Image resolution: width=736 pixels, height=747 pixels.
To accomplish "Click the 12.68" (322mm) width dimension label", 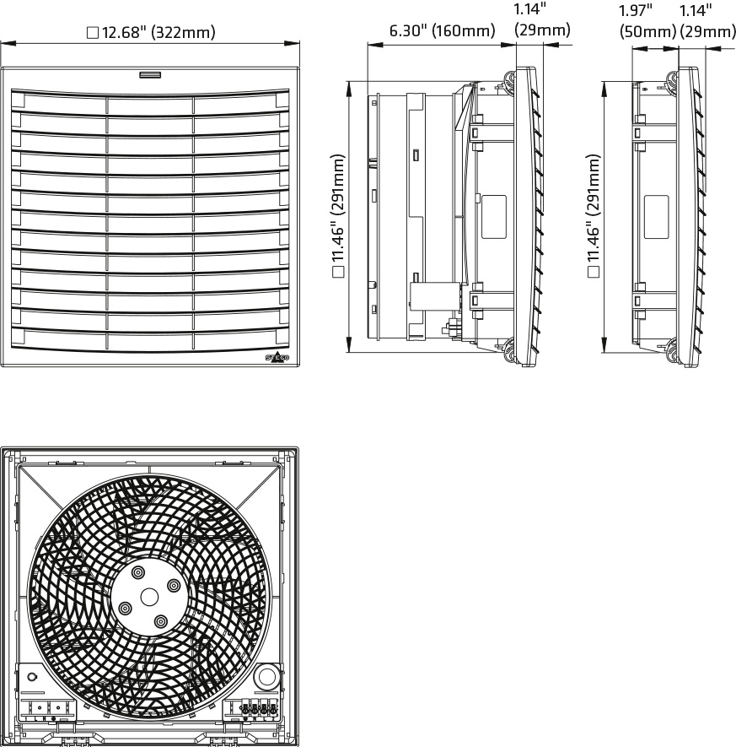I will (x=159, y=33).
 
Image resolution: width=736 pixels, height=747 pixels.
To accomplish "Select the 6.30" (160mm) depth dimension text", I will (x=441, y=32).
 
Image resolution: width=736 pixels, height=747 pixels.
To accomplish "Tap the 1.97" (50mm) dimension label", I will (x=648, y=21).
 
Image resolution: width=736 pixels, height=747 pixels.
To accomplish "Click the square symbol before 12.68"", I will (x=93, y=34).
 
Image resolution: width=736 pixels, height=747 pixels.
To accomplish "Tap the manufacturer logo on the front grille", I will (x=277, y=358).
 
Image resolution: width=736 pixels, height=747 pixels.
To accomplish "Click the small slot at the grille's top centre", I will (x=151, y=75).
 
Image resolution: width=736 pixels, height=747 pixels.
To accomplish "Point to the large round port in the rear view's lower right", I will (x=267, y=676).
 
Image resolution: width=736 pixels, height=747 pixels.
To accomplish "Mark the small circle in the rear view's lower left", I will (x=33, y=677).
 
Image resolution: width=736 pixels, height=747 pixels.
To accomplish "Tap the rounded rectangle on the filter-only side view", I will (x=656, y=210).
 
